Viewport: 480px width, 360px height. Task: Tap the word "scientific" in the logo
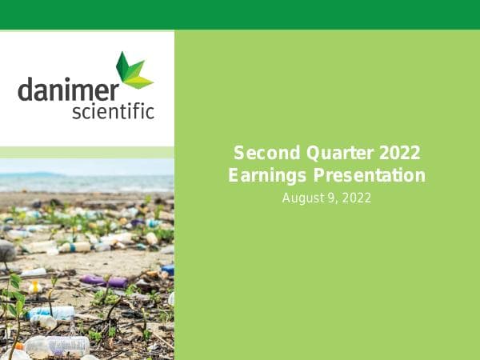click(x=113, y=110)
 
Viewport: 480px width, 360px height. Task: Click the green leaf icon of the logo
click(x=132, y=70)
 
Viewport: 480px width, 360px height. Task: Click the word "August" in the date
click(x=301, y=197)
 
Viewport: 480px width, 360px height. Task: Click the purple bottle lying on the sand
click(x=104, y=281)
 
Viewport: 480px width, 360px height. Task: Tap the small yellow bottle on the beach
click(x=34, y=286)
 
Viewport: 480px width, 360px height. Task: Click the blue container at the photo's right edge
click(x=167, y=270)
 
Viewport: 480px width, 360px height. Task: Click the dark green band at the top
click(x=240, y=14)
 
